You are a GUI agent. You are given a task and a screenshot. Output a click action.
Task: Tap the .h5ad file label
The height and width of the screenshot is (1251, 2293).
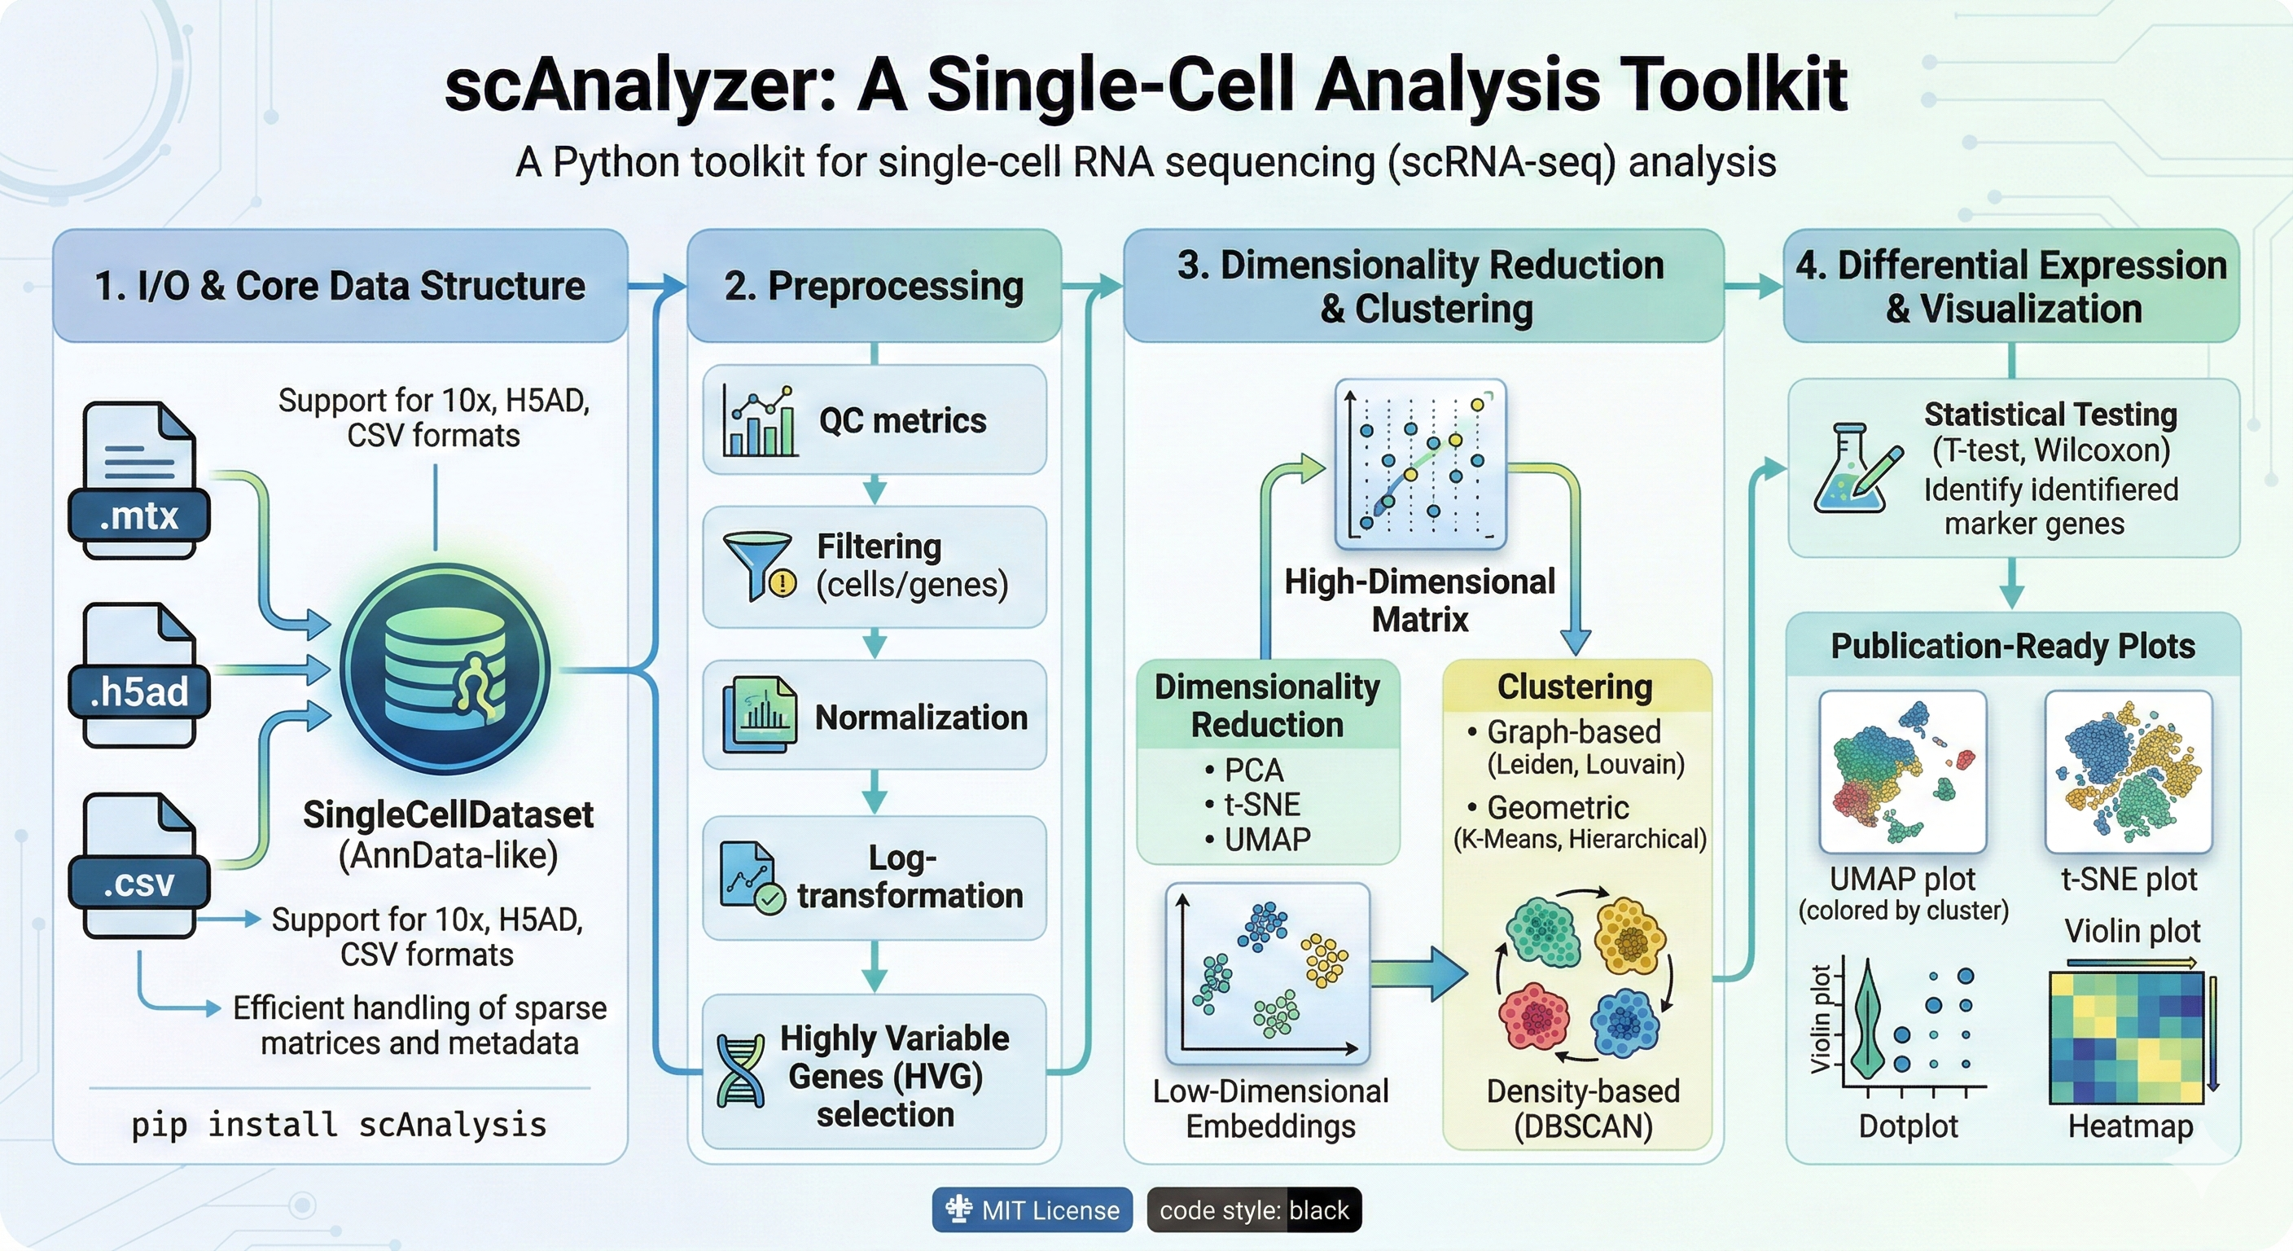139,691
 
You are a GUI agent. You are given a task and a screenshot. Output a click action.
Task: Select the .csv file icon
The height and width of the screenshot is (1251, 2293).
139,863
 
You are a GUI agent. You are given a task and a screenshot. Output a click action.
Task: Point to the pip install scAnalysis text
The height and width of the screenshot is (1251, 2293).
338,1125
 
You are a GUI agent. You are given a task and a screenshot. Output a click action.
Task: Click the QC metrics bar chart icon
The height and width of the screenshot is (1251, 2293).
759,420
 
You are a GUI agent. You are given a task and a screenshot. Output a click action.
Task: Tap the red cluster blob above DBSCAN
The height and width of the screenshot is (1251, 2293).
1532,1015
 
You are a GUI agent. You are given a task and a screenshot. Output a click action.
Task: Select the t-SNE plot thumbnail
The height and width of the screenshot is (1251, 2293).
2129,772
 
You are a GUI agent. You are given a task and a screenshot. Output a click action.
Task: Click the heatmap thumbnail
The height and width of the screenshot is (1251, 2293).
2124,1038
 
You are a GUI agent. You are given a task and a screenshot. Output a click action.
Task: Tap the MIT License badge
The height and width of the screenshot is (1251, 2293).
1032,1210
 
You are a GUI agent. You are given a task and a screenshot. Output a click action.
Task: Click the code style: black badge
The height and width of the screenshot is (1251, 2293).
1253,1210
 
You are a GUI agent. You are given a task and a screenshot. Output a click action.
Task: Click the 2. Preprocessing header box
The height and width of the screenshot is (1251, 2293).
874,286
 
